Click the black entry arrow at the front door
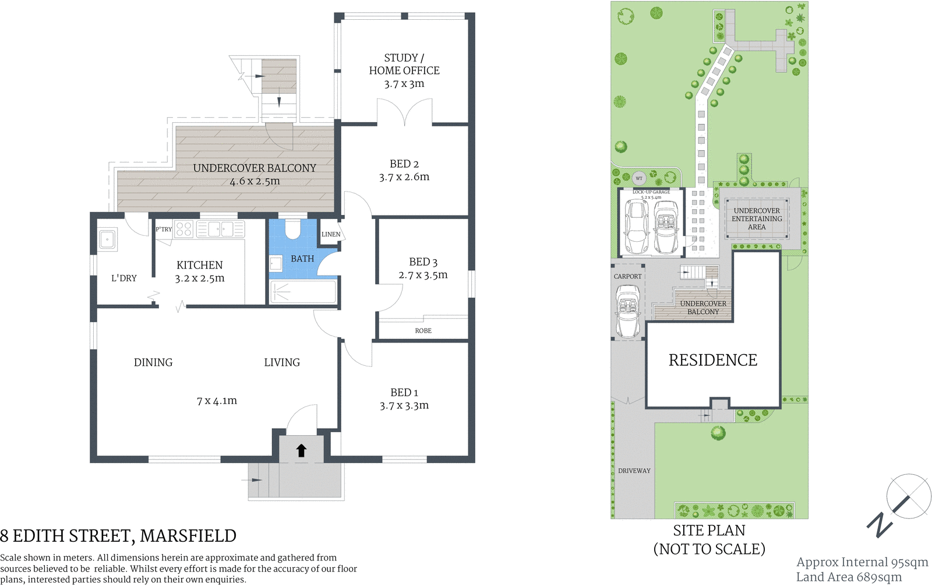click(x=301, y=450)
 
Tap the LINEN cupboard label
click(x=331, y=234)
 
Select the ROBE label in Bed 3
click(x=423, y=331)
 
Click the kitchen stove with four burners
click(x=184, y=229)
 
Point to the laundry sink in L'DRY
click(x=108, y=239)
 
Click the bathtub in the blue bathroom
click(x=303, y=292)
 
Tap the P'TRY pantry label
click(x=164, y=230)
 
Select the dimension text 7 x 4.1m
click(x=217, y=401)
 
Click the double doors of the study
click(x=405, y=113)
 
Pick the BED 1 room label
click(x=404, y=393)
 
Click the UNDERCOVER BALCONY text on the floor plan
click(x=255, y=168)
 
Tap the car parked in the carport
click(x=628, y=311)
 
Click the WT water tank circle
click(x=639, y=178)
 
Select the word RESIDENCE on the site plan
click(x=713, y=361)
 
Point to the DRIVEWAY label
click(x=634, y=471)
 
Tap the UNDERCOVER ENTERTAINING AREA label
click(x=757, y=219)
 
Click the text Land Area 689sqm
click(x=849, y=577)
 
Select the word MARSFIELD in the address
click(x=188, y=536)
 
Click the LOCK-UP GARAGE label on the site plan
click(x=651, y=192)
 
